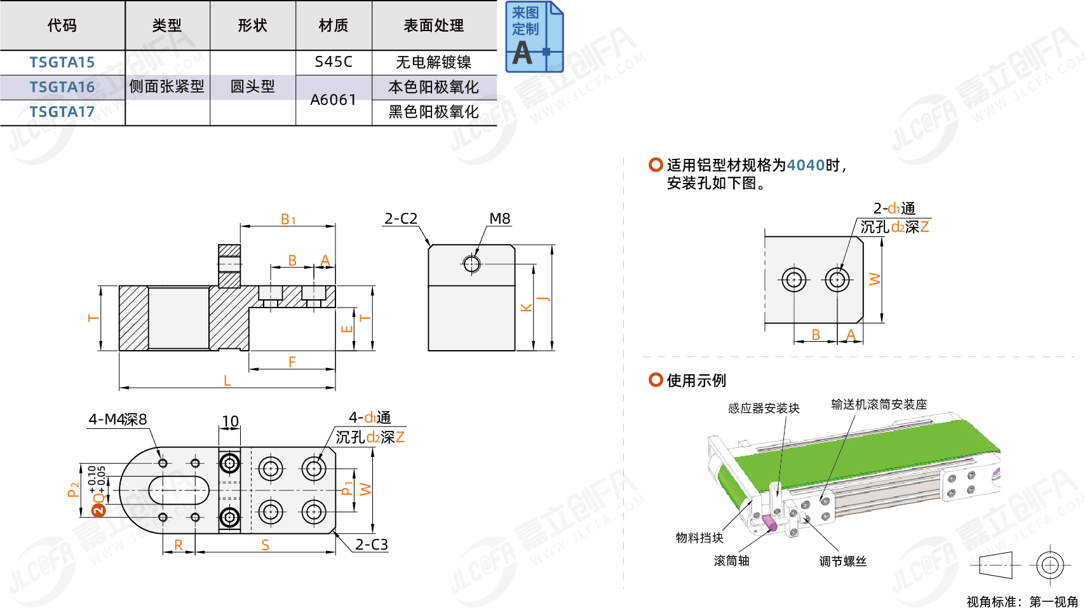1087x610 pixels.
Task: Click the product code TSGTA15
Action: [62, 62]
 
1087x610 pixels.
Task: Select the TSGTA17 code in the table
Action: [62, 112]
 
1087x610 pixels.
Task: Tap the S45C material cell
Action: [333, 62]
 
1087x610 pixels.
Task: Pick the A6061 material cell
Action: [333, 100]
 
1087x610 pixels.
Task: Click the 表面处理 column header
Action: [433, 25]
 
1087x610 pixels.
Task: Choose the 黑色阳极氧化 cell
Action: [433, 112]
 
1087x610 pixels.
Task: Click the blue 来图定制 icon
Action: [534, 37]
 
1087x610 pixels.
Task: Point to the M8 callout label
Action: [499, 219]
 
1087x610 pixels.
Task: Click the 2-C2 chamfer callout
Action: [400, 219]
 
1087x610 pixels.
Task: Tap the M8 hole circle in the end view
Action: [471, 263]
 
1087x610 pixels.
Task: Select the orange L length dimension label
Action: [227, 381]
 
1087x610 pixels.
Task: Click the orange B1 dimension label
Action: [288, 220]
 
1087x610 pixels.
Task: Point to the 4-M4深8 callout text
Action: [118, 419]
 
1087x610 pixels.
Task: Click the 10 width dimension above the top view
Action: [230, 421]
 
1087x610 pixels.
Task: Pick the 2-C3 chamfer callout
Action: [371, 545]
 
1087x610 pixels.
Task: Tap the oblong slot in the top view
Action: [179, 490]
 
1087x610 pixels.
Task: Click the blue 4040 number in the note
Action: [805, 165]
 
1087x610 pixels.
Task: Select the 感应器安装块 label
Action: [763, 408]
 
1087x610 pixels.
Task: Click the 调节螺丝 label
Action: [842, 561]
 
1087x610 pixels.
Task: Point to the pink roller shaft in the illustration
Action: [769, 522]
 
